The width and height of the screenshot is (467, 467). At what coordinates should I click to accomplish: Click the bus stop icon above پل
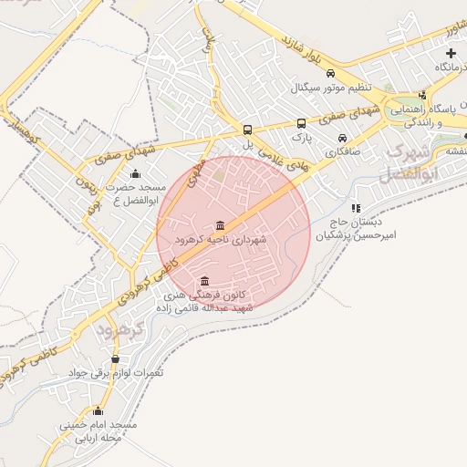248,129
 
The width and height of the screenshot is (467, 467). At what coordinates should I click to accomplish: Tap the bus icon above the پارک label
301,122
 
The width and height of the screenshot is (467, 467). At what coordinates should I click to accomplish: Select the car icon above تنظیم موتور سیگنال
330,74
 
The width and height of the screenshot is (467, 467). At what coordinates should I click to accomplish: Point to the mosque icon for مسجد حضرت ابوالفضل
136,174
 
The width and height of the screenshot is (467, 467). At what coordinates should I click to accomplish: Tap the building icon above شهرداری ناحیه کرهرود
221,225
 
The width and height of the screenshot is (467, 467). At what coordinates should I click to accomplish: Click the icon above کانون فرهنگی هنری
203,281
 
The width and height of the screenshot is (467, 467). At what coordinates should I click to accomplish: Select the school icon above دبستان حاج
356,208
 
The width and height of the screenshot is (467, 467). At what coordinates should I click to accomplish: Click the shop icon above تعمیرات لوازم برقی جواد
115,359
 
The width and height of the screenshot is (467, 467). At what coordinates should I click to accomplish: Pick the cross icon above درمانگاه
451,54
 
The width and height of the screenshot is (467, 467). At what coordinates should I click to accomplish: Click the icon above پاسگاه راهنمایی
422,95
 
